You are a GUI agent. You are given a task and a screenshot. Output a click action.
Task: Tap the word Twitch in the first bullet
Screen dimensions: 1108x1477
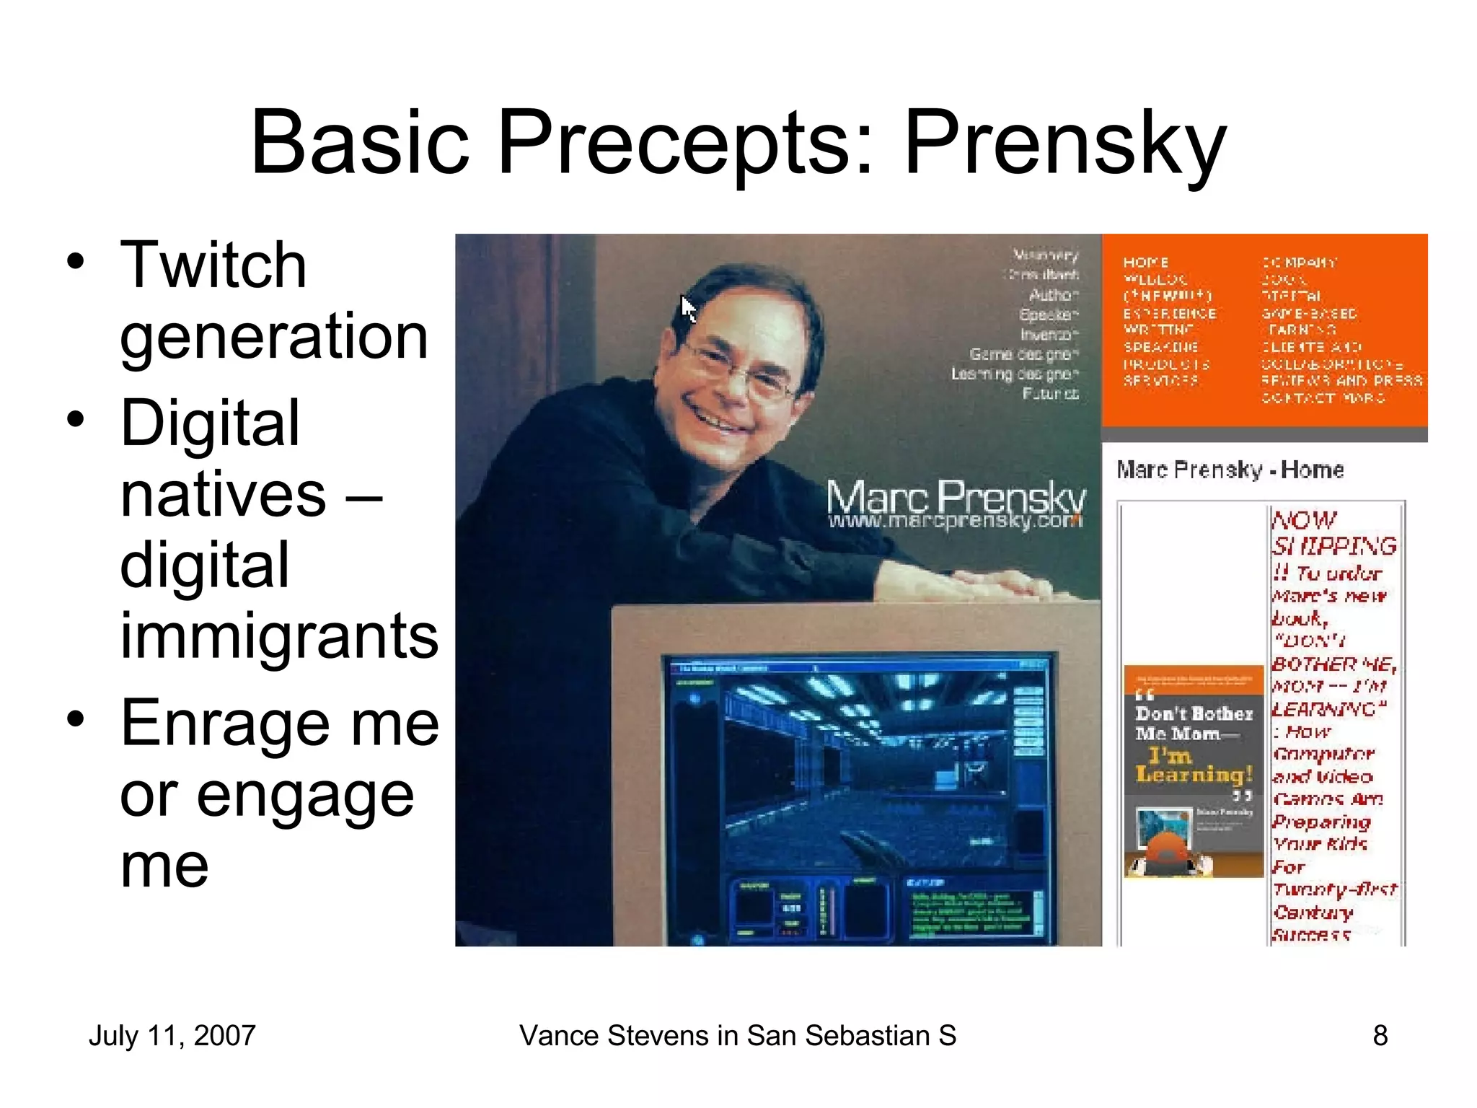(213, 265)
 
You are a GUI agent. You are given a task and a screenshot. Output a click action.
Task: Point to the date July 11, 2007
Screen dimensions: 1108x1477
(172, 1036)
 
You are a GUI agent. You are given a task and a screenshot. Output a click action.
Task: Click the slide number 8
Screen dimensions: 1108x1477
(1380, 1036)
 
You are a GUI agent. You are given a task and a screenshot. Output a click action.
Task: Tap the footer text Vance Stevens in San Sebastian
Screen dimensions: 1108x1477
(737, 1036)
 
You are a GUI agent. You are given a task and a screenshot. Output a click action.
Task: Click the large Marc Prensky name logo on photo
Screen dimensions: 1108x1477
(955, 496)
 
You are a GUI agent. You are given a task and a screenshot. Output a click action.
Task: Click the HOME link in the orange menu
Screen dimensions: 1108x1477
(1145, 263)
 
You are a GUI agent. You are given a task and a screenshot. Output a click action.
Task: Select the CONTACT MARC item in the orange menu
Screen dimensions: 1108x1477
(1323, 397)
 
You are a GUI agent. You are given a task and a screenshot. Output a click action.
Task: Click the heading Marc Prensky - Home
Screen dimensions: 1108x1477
(1230, 470)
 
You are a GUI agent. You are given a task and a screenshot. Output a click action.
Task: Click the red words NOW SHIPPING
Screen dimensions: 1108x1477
(1333, 533)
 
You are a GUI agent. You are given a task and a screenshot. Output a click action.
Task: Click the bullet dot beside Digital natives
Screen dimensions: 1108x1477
(76, 419)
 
